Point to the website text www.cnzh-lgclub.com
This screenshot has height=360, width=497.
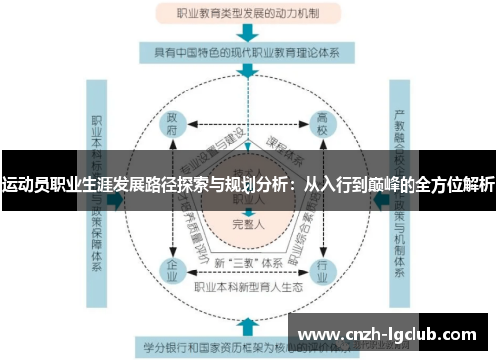coord(392,332)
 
